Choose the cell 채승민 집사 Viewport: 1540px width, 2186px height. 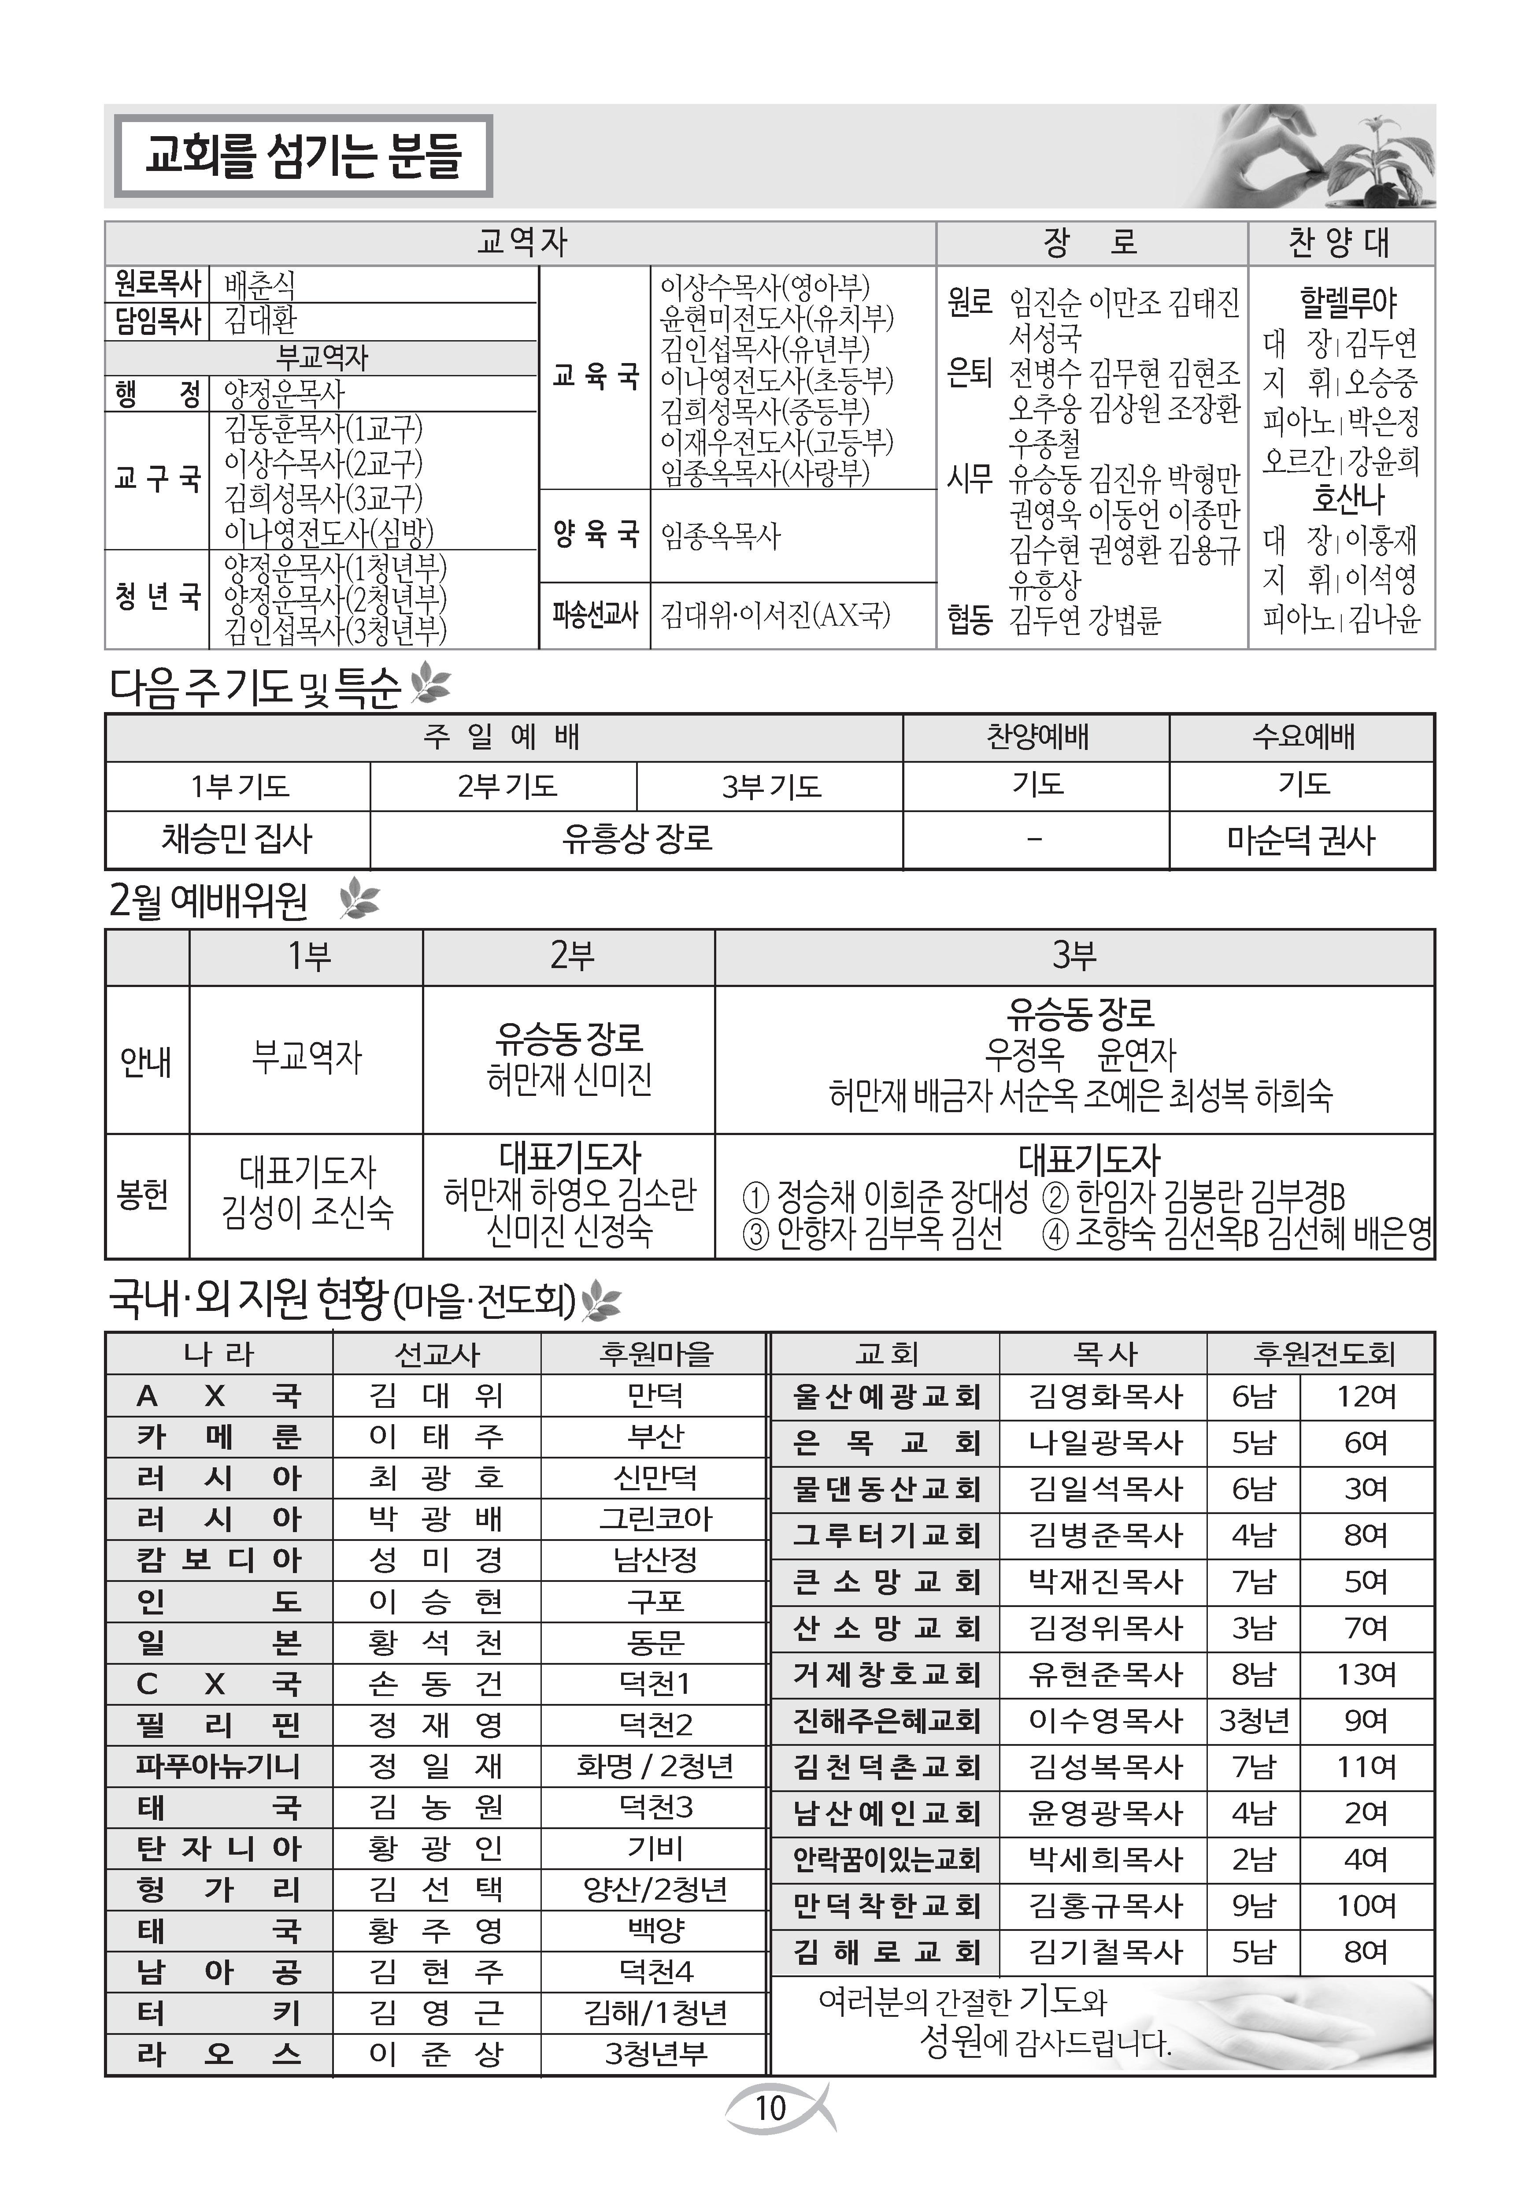[x=237, y=839]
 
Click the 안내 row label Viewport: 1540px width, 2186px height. [x=147, y=1060]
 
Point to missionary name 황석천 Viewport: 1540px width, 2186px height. [x=436, y=1642]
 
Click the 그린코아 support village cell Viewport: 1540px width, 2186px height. [x=655, y=1518]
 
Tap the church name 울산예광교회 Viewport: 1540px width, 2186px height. [x=885, y=1397]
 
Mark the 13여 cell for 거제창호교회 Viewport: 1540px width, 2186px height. [x=1366, y=1675]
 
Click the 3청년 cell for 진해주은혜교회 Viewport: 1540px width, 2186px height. [x=1254, y=1720]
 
